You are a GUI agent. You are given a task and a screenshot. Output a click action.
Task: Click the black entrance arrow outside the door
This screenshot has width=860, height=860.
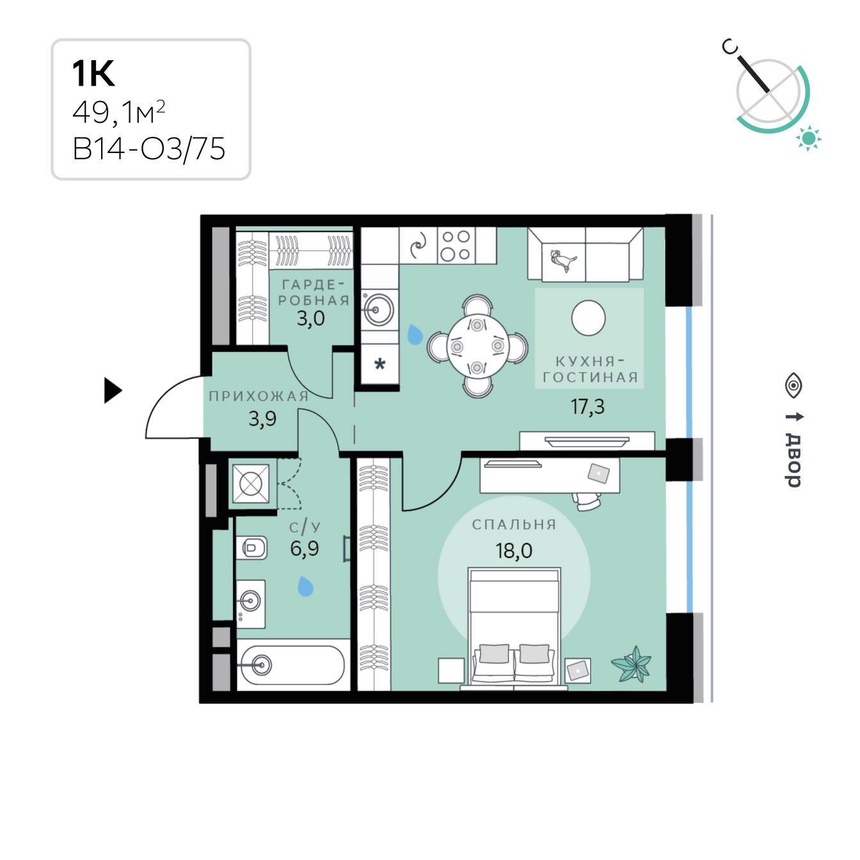point(113,390)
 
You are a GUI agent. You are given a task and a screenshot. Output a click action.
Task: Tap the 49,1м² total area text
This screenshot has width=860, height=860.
point(119,112)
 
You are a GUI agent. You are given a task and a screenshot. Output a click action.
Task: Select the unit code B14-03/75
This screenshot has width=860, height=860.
point(149,149)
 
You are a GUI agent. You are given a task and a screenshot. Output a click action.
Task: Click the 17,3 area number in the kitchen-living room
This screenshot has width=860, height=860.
point(587,406)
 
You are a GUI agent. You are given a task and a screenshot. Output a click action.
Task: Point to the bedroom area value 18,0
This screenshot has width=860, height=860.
point(514,551)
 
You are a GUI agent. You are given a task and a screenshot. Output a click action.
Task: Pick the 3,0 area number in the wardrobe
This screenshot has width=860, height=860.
point(310,319)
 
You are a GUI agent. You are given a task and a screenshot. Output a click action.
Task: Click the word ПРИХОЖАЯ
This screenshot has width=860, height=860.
point(259,396)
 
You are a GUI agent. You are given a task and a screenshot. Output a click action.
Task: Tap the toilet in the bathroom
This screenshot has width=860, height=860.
point(251,548)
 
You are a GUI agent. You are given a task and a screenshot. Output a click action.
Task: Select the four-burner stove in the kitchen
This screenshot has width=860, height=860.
point(456,245)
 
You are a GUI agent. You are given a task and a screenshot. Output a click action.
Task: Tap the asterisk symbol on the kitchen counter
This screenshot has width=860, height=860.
point(380,364)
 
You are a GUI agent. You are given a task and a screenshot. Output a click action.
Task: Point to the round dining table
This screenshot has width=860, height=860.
point(477,346)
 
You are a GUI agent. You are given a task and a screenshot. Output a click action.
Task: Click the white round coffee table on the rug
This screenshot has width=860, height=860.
point(588,318)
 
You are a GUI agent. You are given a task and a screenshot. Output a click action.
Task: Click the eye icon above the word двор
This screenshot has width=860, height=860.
point(793,385)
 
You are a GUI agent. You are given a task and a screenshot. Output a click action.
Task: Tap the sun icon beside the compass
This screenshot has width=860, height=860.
point(808,138)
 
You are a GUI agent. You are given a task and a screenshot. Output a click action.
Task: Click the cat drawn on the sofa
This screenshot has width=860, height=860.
point(563,260)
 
